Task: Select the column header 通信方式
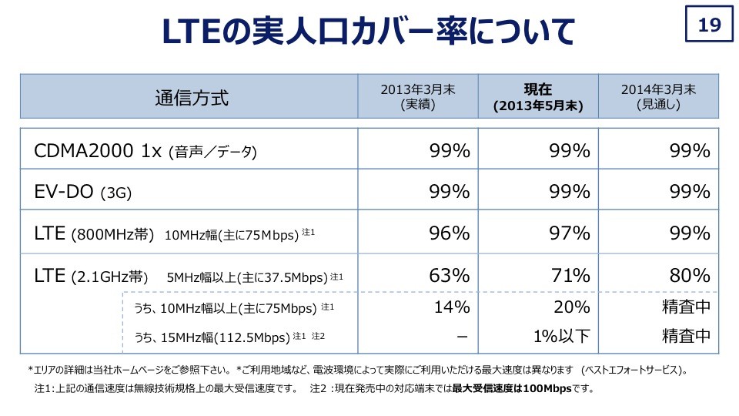click(192, 98)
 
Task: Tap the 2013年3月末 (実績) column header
click(418, 97)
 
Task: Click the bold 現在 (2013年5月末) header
click(538, 97)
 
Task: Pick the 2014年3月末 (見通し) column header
click(658, 97)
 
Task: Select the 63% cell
click(449, 275)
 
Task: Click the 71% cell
click(570, 275)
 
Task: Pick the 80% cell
click(690, 275)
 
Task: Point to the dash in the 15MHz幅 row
click(461, 336)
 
